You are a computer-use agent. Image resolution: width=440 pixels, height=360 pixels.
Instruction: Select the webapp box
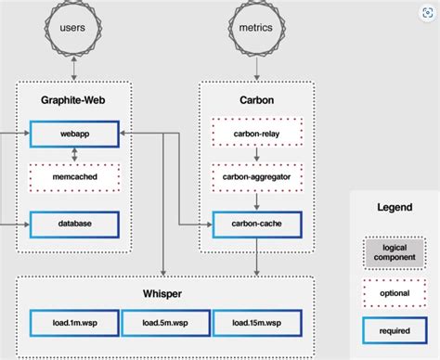tap(75, 135)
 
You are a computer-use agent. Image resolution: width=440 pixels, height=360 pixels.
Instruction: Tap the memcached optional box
tap(75, 177)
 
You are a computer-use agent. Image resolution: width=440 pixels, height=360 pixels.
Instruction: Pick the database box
tap(75, 224)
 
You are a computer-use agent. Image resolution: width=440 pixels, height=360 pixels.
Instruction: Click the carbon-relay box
tap(257, 134)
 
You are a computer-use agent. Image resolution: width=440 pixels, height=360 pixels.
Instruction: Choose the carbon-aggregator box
tap(257, 177)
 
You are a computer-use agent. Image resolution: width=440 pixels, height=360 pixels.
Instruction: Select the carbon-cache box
tap(257, 224)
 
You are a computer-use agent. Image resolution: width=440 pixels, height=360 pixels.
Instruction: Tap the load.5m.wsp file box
tap(164, 323)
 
